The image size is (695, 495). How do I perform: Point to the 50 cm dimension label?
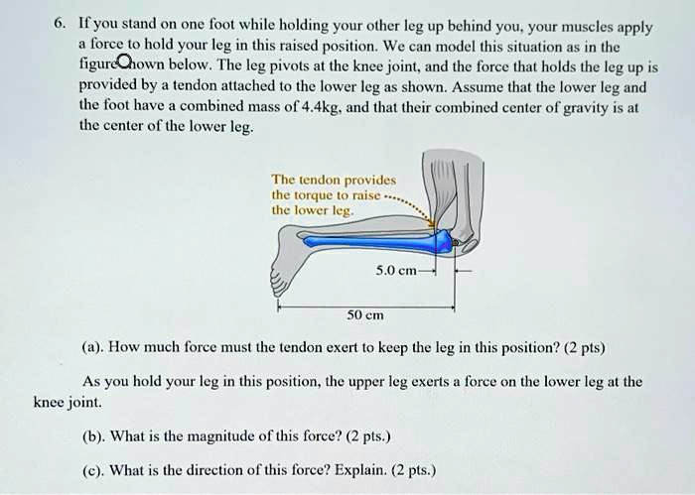(x=362, y=316)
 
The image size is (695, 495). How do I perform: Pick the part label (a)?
(x=94, y=348)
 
